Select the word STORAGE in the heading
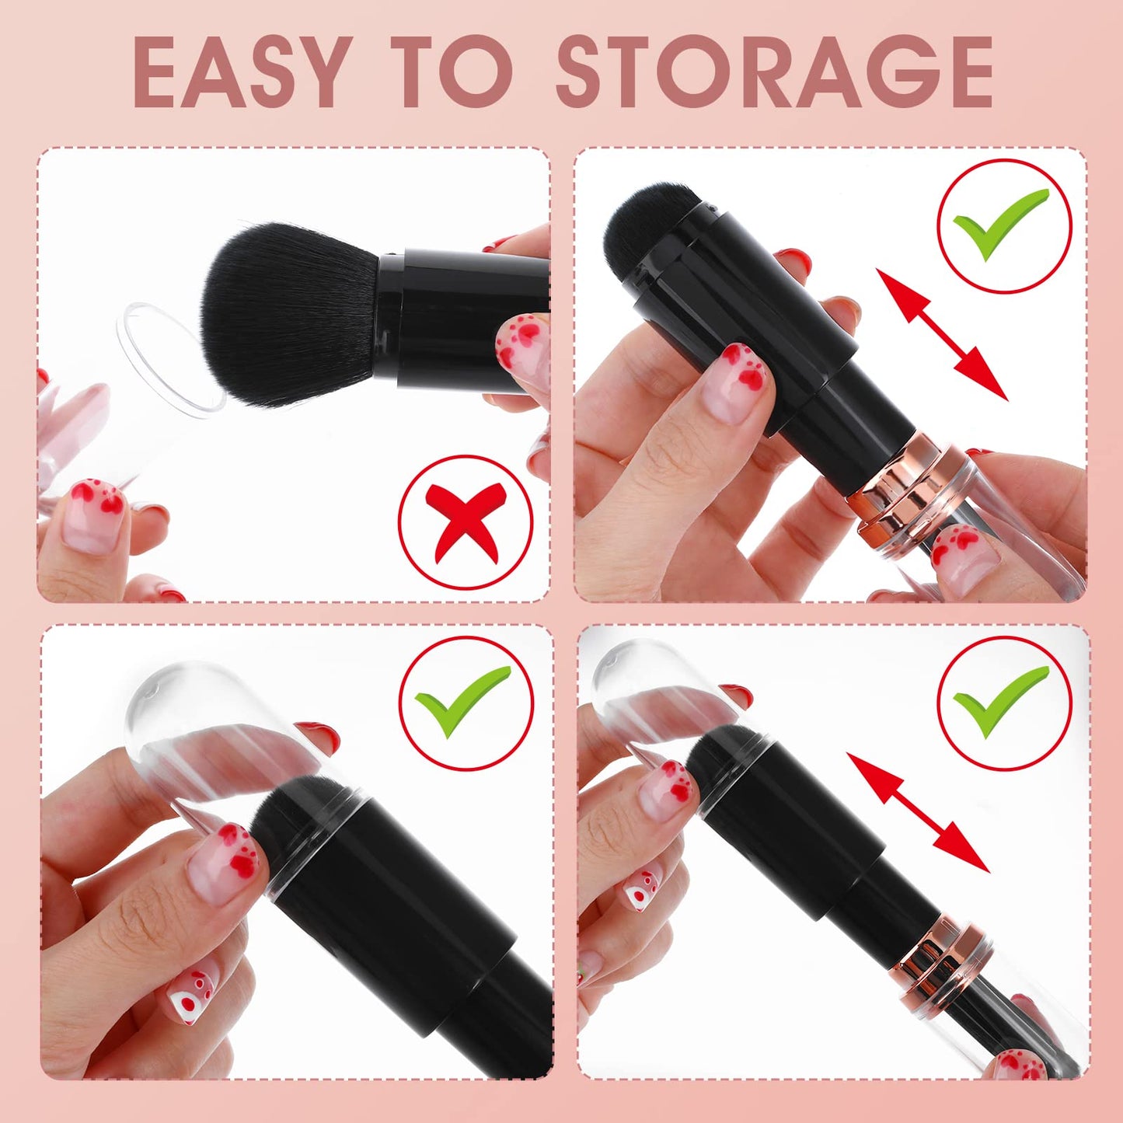pyautogui.click(x=774, y=71)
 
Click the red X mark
pyautogui.click(x=466, y=521)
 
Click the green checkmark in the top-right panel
pyautogui.click(x=1003, y=225)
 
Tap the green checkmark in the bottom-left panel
pyautogui.click(x=466, y=702)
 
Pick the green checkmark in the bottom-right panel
pyautogui.click(x=1003, y=702)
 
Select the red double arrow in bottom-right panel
pyautogui.click(x=918, y=813)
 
